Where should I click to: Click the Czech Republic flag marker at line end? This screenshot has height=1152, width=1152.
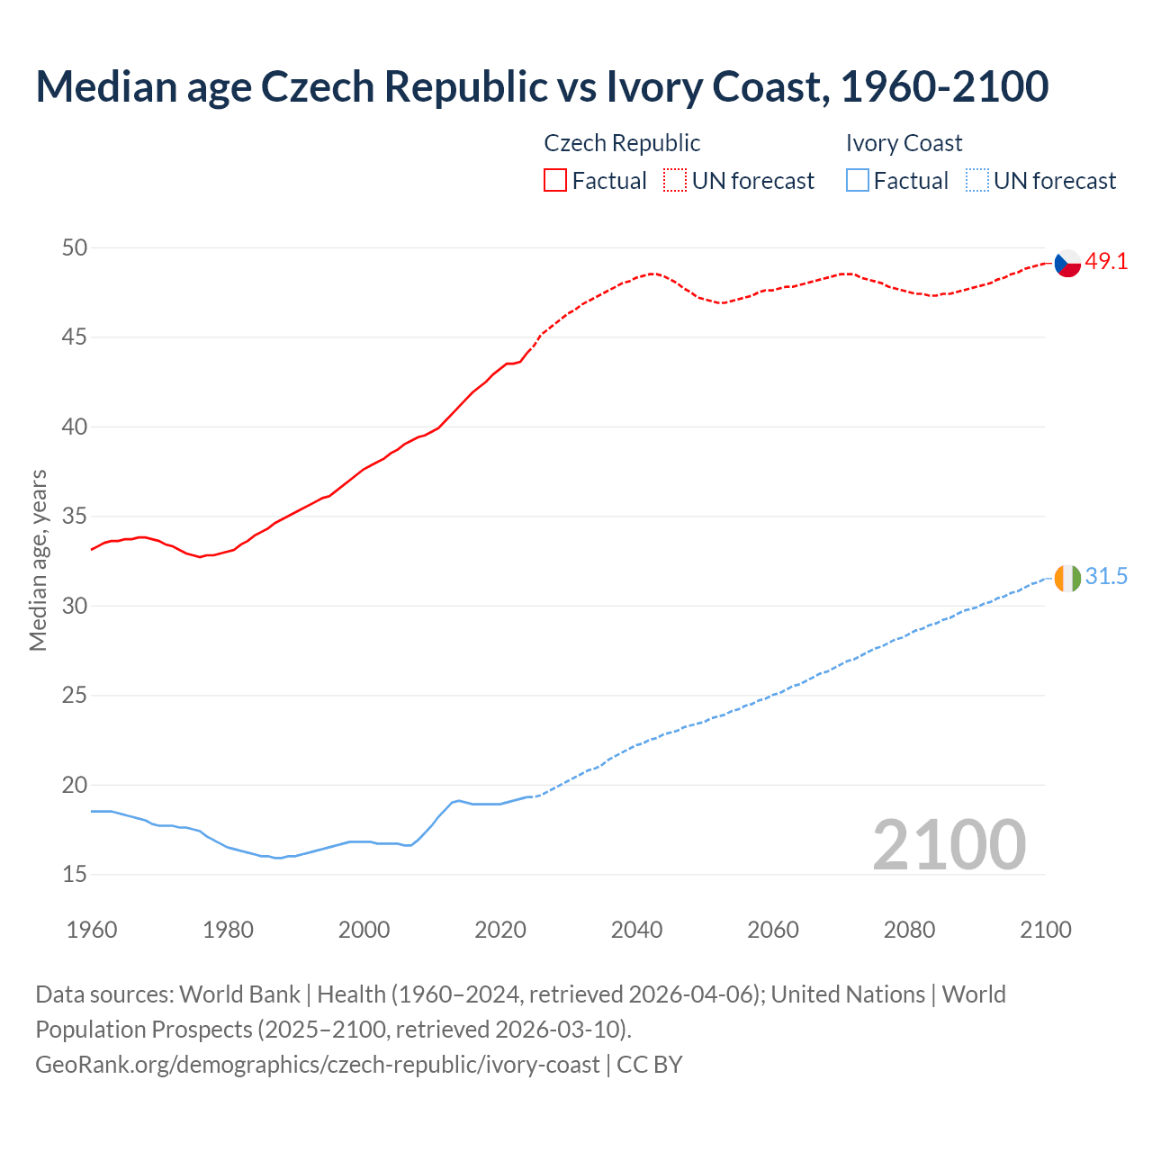coord(1067,263)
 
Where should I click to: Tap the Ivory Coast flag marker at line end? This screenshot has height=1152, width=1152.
coord(1067,578)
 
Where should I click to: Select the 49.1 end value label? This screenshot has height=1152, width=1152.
coord(1106,262)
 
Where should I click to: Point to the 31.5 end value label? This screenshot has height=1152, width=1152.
coord(1106,577)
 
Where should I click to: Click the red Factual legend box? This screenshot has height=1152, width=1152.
coord(555,181)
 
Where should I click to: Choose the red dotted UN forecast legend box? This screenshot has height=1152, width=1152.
coord(675,181)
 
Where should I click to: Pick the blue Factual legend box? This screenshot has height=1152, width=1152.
coord(858,181)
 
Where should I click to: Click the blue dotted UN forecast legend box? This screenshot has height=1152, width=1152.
coord(976,181)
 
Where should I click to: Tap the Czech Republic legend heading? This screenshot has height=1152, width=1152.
coord(622,143)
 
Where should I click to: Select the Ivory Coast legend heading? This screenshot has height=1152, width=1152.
coord(904,143)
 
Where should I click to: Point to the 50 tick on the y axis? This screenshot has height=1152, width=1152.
coord(75,247)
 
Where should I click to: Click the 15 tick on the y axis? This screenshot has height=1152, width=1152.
coord(75,874)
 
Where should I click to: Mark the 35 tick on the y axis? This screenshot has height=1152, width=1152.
coord(75,517)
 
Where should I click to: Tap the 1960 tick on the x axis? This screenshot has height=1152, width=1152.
coord(92,930)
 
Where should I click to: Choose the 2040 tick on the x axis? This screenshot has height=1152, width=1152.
coord(636,930)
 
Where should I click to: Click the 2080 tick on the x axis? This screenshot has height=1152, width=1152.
coord(909,930)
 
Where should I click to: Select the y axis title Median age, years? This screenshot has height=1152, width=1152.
coord(38,560)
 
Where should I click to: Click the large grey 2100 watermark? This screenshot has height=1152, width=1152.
coord(949,844)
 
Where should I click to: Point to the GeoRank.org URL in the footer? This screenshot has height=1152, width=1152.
coord(317,1065)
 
